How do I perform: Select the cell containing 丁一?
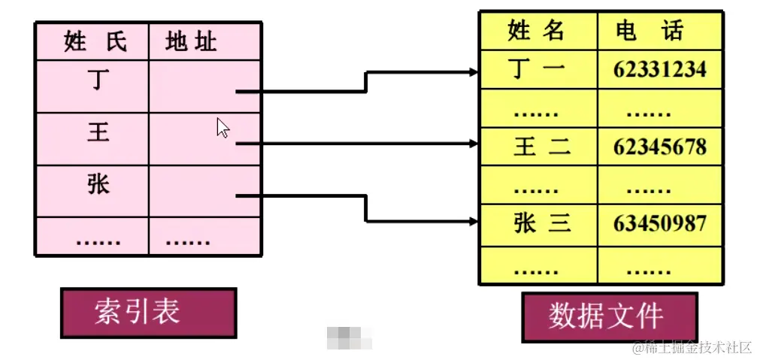coord(537,69)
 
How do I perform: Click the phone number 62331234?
coord(659,70)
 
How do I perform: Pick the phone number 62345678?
coord(659,147)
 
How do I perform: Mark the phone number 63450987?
coord(659,223)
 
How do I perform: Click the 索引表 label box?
coord(147,312)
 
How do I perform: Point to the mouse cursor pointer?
coord(223,128)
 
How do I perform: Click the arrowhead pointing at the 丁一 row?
coord(474,72)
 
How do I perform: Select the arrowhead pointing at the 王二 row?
coord(474,143)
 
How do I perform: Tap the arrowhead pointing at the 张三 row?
coord(474,222)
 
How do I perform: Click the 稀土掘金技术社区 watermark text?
coord(692,347)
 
